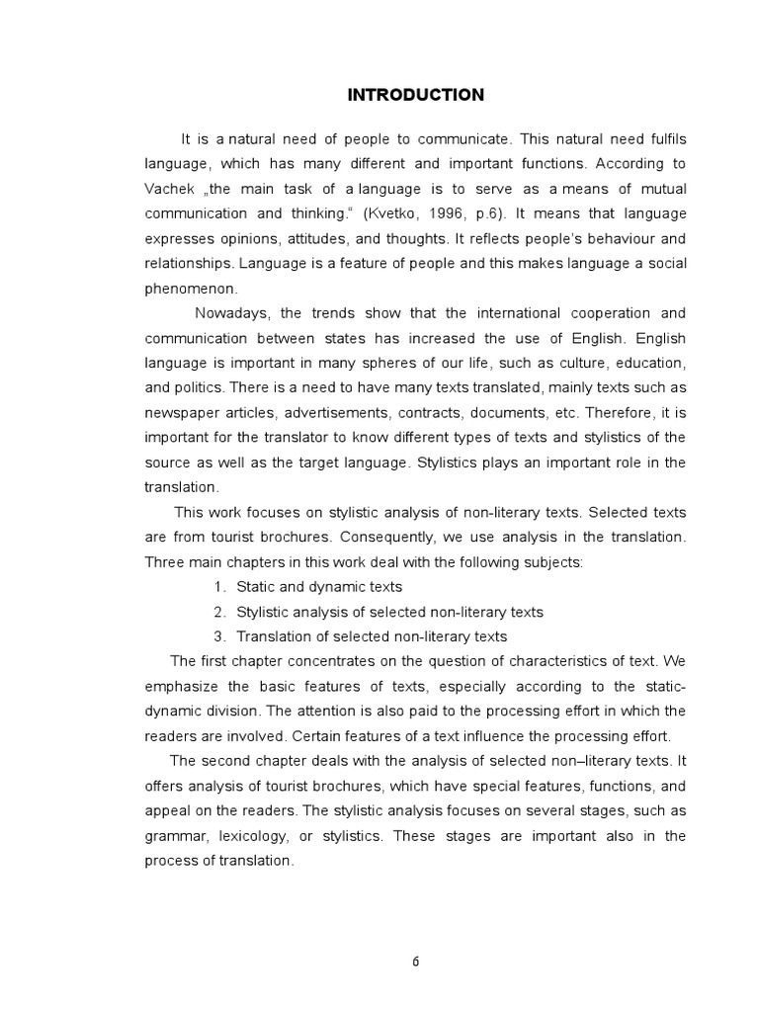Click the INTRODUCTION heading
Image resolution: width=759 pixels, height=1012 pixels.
point(415,95)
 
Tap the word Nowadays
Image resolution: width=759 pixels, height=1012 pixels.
point(232,313)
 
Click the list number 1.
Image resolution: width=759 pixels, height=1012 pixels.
point(219,587)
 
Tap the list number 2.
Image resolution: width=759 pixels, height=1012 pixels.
point(219,612)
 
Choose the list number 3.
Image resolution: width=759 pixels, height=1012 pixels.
point(219,636)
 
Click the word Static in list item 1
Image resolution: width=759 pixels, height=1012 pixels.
point(256,587)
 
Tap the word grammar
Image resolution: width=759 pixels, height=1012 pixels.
point(174,835)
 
